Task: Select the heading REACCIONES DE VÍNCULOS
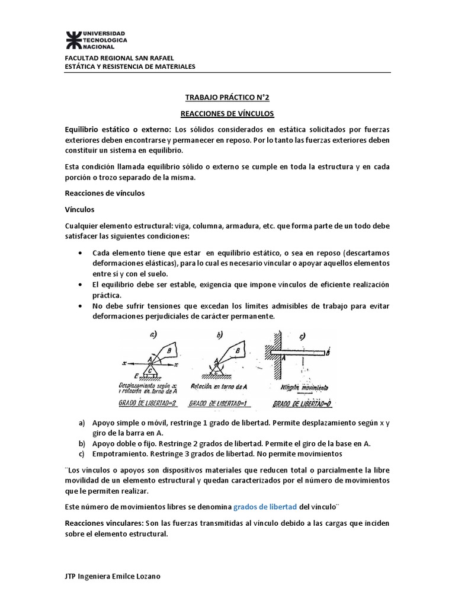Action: click(227, 113)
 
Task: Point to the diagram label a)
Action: click(153, 335)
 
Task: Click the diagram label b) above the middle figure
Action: click(220, 336)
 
